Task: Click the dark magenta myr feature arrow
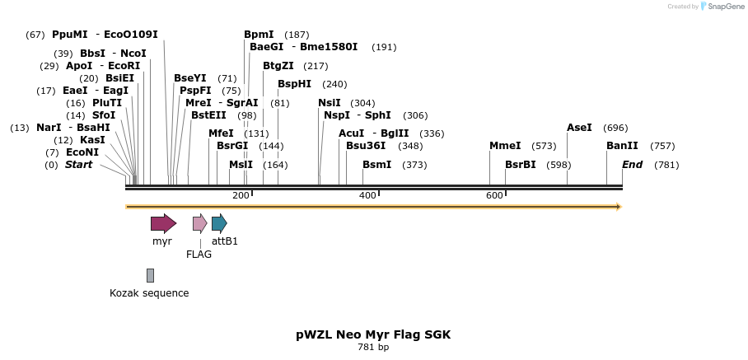point(163,223)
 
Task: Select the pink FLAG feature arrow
point(199,223)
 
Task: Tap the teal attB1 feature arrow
point(219,223)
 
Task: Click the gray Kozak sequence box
point(150,275)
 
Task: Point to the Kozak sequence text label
point(149,293)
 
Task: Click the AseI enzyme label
point(579,128)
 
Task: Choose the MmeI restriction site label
point(505,146)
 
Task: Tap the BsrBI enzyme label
point(521,165)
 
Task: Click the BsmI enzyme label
point(377,165)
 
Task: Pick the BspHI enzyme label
point(294,84)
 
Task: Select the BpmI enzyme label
point(259,35)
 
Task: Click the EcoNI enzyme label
point(82,152)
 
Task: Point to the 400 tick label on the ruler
point(367,195)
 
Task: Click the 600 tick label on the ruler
point(494,195)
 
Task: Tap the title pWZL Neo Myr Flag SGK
point(373,334)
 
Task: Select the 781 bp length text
point(373,348)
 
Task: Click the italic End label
point(632,165)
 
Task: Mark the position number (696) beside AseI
point(615,128)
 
